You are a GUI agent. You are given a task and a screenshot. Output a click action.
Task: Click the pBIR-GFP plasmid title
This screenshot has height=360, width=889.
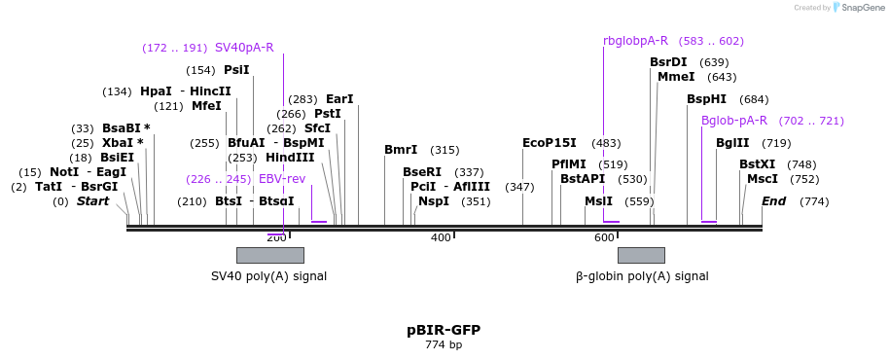click(444, 330)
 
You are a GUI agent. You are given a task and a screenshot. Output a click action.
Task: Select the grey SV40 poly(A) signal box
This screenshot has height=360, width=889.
click(269, 255)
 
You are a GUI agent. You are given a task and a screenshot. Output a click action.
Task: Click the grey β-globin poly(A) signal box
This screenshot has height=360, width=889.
click(641, 255)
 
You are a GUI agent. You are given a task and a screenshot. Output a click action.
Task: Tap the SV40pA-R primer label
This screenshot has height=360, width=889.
click(244, 47)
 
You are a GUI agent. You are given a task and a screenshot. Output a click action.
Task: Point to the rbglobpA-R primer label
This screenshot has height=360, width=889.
click(635, 41)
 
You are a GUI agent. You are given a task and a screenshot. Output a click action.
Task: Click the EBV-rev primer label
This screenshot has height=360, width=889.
click(282, 179)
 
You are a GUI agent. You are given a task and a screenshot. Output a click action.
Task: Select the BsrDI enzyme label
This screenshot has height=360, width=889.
click(668, 62)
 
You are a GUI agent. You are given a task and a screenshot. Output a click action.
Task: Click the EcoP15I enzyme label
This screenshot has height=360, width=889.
click(550, 143)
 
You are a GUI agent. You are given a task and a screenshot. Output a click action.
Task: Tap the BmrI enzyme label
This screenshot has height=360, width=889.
click(401, 150)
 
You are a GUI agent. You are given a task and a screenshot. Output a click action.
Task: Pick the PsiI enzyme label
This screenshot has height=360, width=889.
click(236, 70)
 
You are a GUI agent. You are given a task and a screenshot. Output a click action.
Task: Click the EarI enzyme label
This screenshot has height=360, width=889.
click(339, 99)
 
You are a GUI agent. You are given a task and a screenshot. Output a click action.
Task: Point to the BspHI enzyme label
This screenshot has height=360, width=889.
click(706, 99)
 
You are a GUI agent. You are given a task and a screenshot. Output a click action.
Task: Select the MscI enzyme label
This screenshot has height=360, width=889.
click(763, 179)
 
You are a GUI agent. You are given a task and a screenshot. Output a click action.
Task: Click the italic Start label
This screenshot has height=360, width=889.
click(93, 201)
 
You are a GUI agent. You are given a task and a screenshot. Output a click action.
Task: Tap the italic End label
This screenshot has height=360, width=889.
click(774, 201)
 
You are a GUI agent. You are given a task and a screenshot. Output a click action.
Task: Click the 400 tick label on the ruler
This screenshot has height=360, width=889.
click(441, 237)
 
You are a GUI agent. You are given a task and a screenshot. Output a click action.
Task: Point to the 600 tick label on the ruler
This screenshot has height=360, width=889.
click(603, 237)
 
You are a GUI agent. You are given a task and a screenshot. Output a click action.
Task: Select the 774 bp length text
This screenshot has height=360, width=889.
click(444, 344)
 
